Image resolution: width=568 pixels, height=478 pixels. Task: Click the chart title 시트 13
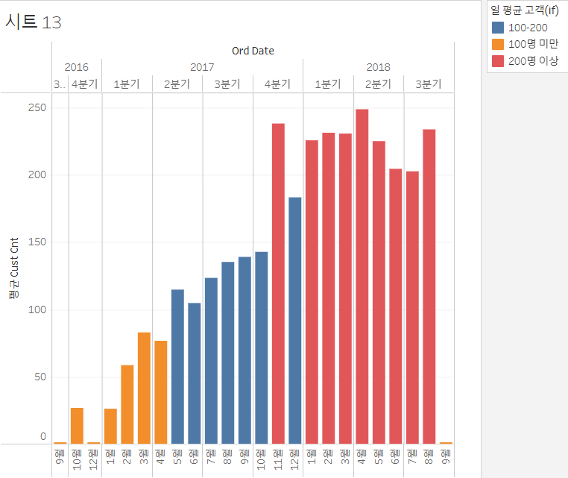pos(34,22)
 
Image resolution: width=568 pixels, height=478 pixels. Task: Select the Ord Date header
pos(253,51)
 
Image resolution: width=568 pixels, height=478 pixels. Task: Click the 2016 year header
pos(76,67)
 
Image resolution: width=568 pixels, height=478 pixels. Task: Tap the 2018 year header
pos(378,67)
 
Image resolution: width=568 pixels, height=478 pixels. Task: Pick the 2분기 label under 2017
pos(177,84)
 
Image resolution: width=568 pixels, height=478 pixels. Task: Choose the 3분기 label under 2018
pos(428,84)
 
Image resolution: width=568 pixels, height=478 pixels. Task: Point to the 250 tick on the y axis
pos(37,108)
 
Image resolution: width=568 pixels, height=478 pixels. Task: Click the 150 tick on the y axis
pos(37,242)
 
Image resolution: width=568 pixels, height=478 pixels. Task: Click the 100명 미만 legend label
pos(532,44)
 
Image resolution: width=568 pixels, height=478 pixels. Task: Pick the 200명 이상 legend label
pos(534,60)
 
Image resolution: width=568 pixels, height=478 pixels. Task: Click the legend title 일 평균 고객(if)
pos(524,10)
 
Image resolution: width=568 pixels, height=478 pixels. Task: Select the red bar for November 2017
pos(278,283)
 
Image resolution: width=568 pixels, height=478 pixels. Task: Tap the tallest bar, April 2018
pos(362,276)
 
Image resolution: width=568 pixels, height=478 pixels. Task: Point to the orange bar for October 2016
pos(77,426)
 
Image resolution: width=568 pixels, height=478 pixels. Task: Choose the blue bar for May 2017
pos(177,366)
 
